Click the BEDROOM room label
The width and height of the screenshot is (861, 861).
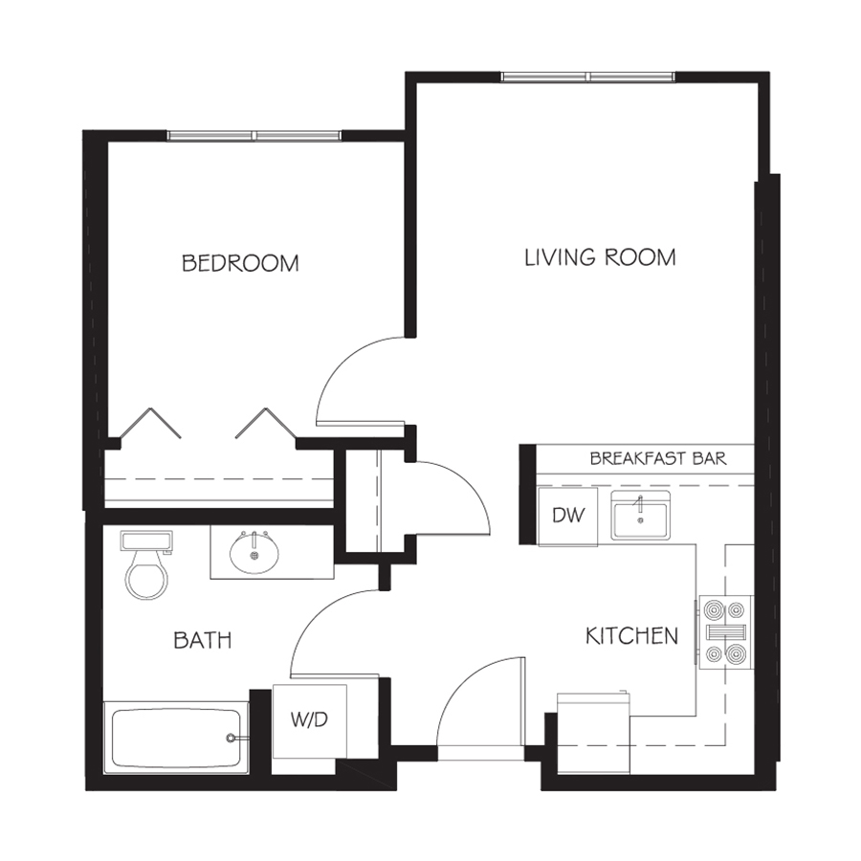[x=240, y=264]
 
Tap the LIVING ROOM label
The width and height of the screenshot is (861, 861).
[x=600, y=257]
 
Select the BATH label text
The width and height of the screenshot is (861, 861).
[x=203, y=640]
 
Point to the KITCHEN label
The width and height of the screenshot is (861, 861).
[x=632, y=636]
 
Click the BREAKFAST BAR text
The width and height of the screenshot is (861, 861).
[x=658, y=458]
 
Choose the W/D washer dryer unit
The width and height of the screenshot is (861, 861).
[x=310, y=720]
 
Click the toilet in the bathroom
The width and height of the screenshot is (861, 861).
[x=146, y=564]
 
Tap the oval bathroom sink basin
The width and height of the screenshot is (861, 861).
[x=254, y=552]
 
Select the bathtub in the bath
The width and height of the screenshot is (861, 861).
[x=176, y=737]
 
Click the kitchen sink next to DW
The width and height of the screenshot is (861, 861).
[x=640, y=516]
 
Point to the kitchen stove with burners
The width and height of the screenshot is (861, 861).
[x=726, y=632]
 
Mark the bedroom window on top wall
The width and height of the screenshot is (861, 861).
[x=254, y=136]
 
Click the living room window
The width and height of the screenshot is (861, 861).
[x=588, y=77]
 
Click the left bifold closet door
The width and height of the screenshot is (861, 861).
[x=149, y=423]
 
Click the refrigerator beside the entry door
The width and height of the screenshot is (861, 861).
[x=593, y=733]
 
